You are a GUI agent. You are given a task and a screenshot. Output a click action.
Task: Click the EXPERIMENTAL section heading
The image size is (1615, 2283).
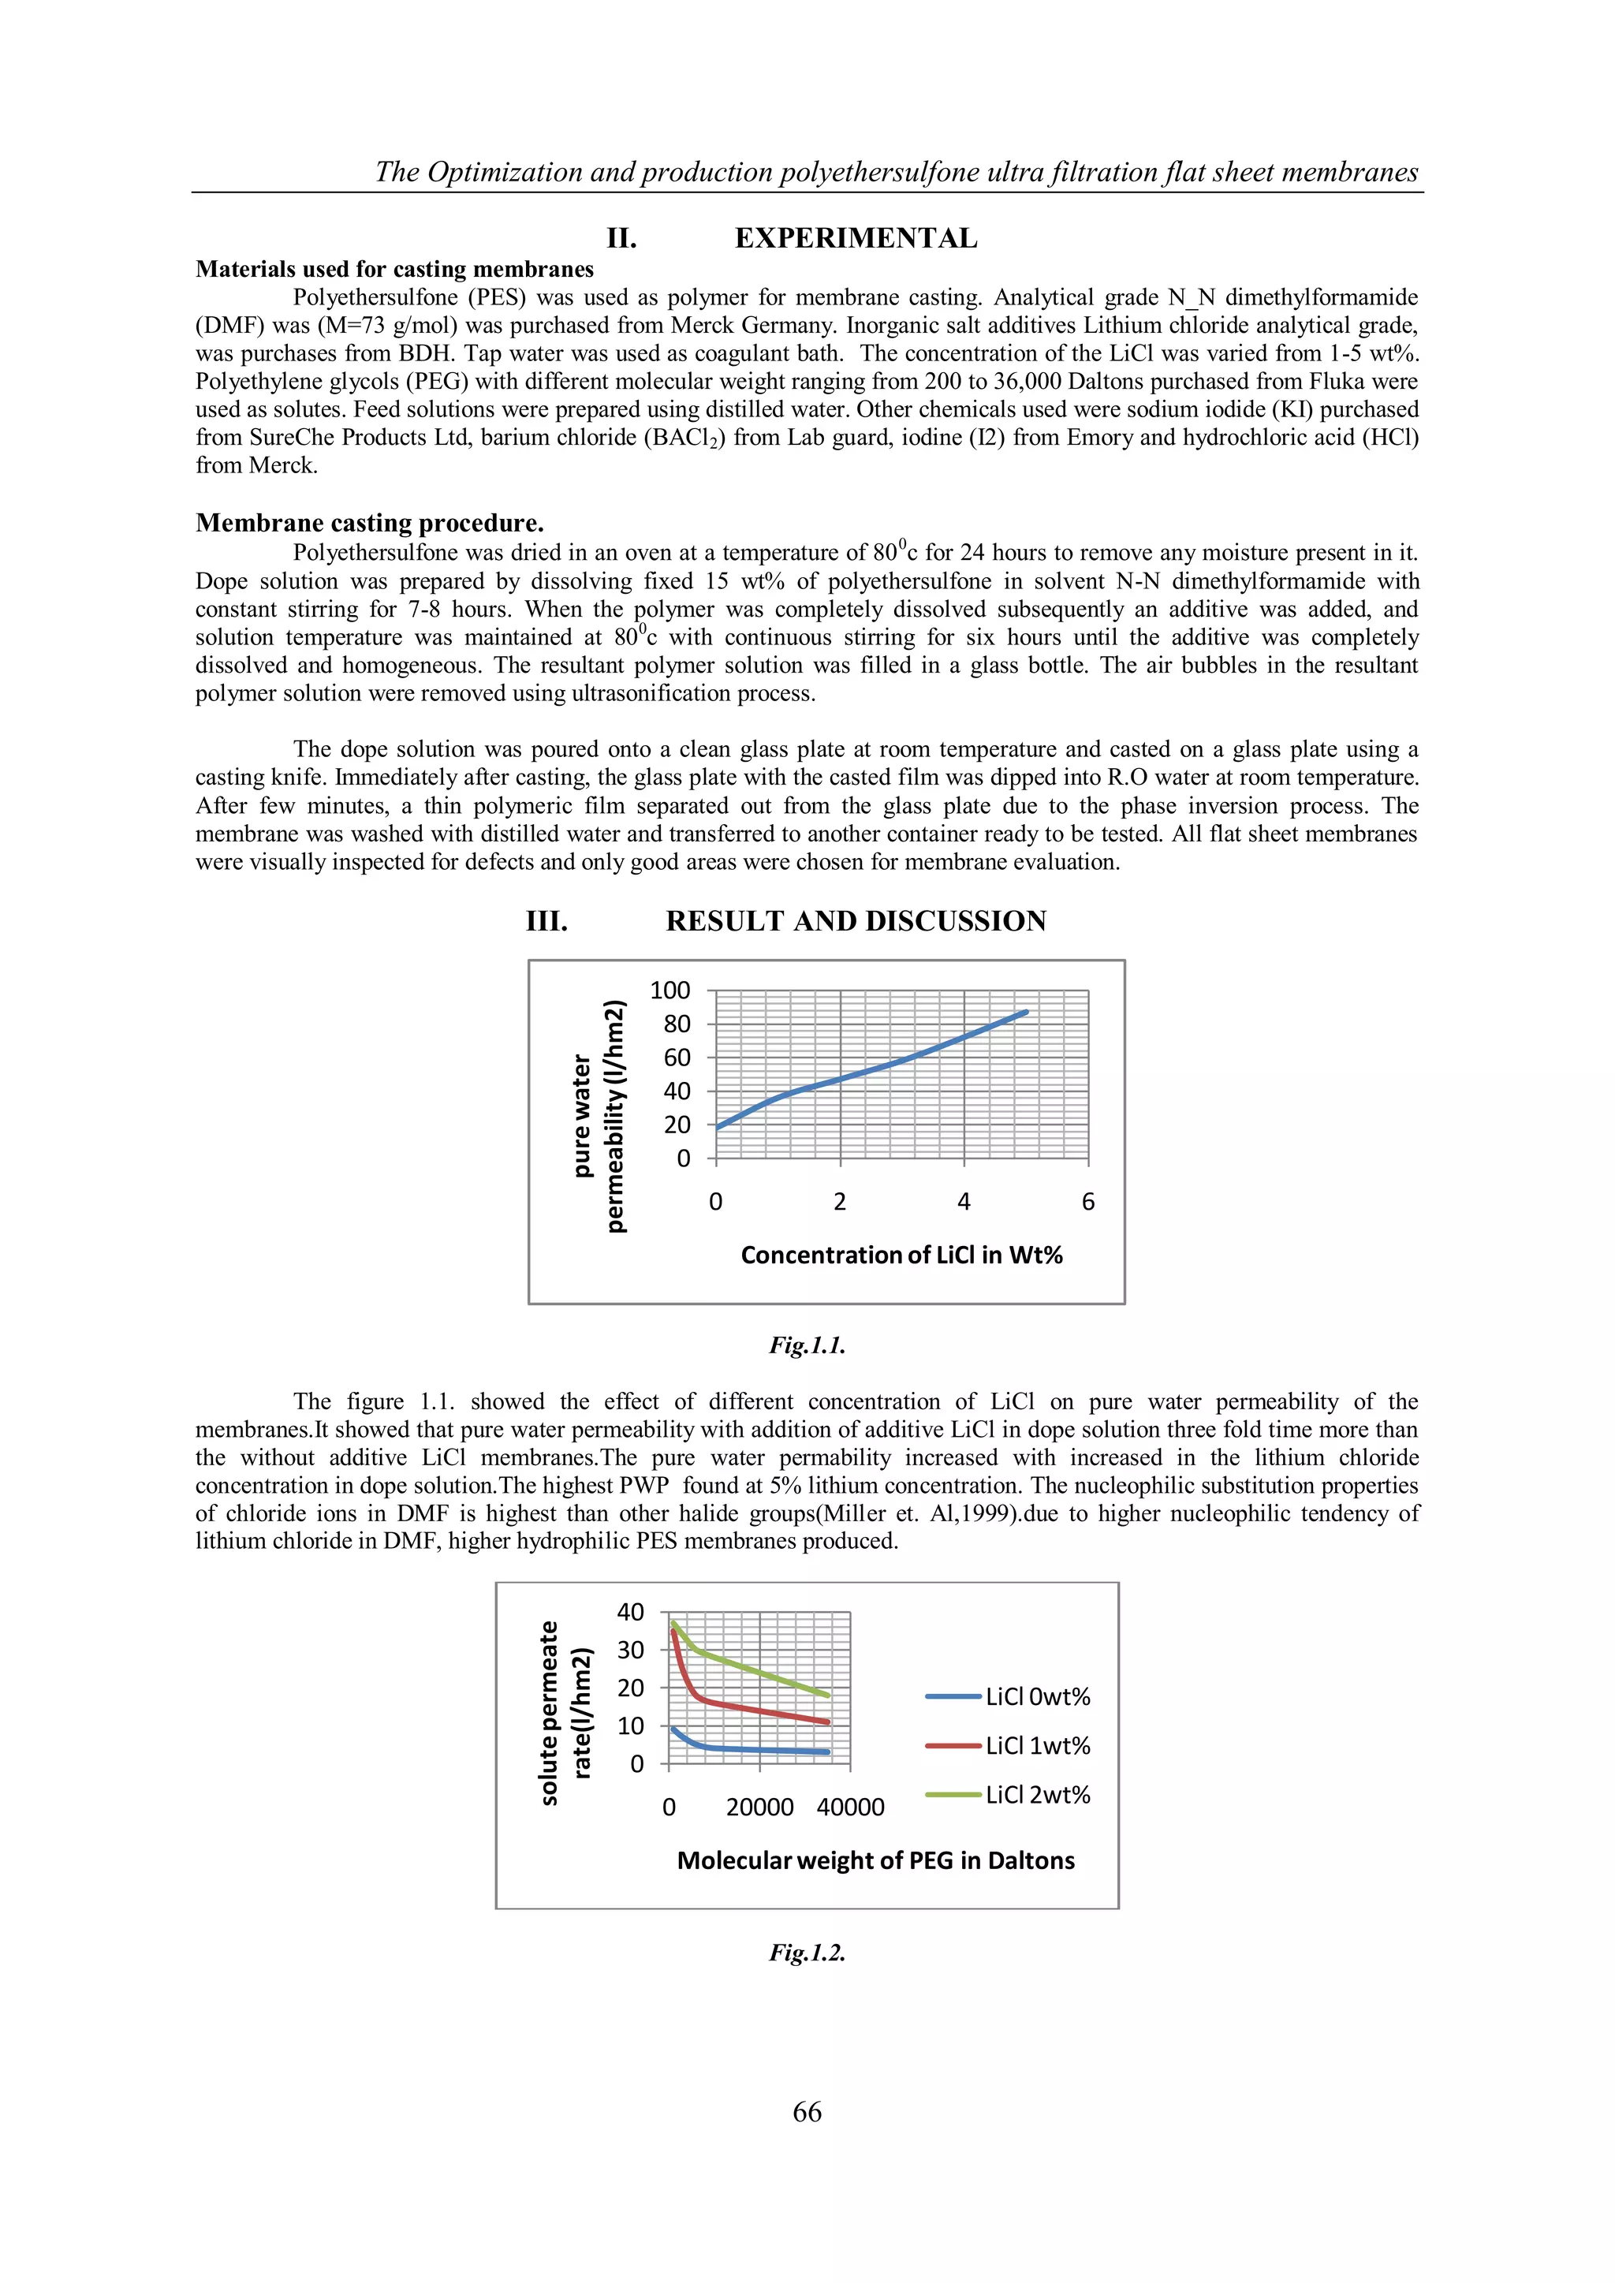pos(856,239)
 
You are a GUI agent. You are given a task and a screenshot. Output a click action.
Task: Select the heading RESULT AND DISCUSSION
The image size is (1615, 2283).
pos(856,922)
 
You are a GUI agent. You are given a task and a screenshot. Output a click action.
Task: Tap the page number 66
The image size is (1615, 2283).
pos(807,2112)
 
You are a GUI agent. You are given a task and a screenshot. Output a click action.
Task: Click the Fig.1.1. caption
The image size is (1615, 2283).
pos(807,1345)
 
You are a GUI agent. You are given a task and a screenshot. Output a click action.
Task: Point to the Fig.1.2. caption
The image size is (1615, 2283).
pos(807,1953)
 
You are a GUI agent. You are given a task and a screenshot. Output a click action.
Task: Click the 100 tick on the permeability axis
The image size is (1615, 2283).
pos(669,990)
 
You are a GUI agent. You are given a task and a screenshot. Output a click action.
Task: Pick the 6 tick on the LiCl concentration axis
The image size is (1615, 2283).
pos(1088,1202)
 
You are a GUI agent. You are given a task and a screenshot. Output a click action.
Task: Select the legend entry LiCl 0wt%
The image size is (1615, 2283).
pos(1037,1697)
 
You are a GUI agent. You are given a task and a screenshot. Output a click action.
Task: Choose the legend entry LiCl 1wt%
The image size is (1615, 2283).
pos(1037,1746)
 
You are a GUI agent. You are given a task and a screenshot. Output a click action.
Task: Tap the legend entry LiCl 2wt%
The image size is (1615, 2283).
pos(1037,1795)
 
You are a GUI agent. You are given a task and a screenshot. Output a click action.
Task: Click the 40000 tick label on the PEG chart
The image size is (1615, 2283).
pos(850,1807)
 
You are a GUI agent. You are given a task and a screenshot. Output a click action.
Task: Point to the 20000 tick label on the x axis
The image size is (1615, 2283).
pos(759,1807)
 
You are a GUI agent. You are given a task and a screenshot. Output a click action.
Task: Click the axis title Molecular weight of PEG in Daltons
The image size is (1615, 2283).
pos(875,1861)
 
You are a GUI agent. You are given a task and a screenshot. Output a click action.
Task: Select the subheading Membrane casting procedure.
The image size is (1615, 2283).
pos(369,523)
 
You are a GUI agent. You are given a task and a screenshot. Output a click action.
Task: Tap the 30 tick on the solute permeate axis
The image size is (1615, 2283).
pos(631,1651)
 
